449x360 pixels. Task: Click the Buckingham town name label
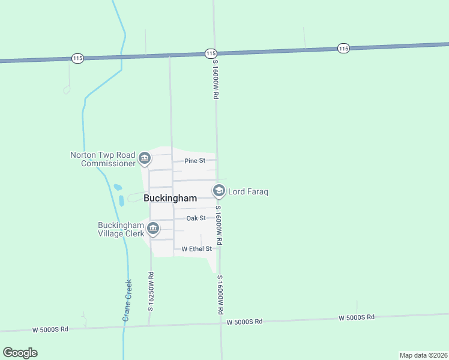coord(170,198)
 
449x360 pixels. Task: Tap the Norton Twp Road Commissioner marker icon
coord(145,159)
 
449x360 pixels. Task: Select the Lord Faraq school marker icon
coord(219,191)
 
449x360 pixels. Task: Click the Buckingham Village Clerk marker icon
coord(153,229)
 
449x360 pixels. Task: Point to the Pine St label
coord(194,161)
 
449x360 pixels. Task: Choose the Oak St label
coord(196,218)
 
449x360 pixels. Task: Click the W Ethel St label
coord(197,248)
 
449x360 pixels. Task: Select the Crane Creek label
coord(127,301)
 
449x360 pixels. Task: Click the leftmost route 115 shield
coord(77,58)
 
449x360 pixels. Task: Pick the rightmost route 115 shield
coord(343,48)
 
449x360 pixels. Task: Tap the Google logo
coord(20,353)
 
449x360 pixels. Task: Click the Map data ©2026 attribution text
coord(423,355)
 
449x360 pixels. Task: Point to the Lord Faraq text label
coord(248,192)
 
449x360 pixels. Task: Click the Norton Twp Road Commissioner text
coord(104,159)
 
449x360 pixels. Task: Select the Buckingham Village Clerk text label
coord(121,229)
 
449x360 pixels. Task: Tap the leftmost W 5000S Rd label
coord(51,329)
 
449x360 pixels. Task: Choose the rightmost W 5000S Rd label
coord(357,317)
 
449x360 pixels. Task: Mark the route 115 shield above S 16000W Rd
coord(210,53)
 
